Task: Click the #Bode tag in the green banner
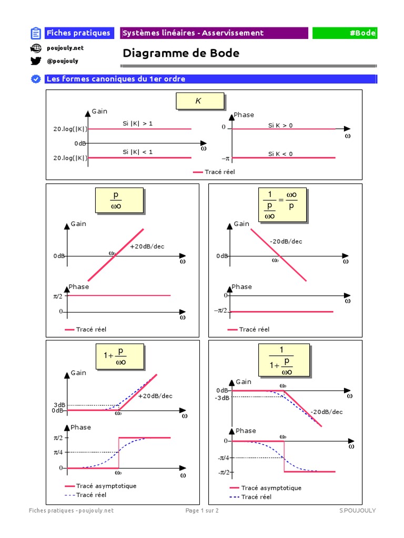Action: pyautogui.click(x=362, y=33)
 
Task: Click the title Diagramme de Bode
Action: pyautogui.click(x=181, y=53)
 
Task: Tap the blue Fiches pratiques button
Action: pyautogui.click(x=78, y=33)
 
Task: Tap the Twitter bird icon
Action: pyautogui.click(x=36, y=61)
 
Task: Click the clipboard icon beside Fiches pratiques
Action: pyautogui.click(x=36, y=34)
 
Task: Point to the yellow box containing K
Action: pyautogui.click(x=200, y=101)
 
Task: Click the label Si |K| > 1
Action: pyautogui.click(x=138, y=123)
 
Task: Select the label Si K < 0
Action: pyautogui.click(x=280, y=154)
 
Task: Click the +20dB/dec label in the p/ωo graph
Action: pyautogui.click(x=147, y=246)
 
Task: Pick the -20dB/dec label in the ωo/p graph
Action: pyautogui.click(x=286, y=242)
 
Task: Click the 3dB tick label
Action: pyautogui.click(x=58, y=405)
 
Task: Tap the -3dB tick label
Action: pyautogui.click(x=222, y=398)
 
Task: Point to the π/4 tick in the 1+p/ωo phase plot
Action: pyautogui.click(x=57, y=452)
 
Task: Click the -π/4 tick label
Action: pyautogui.click(x=224, y=458)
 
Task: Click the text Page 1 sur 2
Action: pyautogui.click(x=203, y=510)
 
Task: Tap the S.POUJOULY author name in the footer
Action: pyautogui.click(x=358, y=510)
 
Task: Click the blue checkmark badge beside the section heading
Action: pyautogui.click(x=36, y=79)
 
